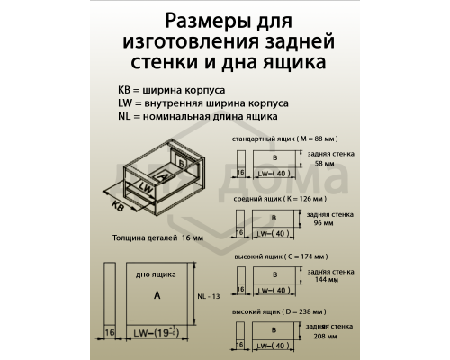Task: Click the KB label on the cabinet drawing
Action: pos(118,205)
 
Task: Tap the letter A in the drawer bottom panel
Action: pos(157,294)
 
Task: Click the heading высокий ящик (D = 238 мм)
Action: pos(282,310)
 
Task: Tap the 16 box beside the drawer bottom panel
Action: pos(110,333)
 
